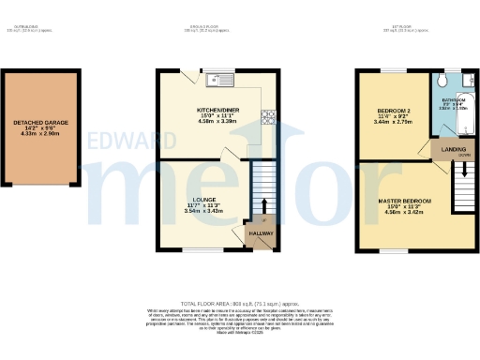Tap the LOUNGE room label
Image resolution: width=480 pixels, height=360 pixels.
tap(203, 200)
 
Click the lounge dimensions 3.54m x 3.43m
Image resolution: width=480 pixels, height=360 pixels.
tap(203, 211)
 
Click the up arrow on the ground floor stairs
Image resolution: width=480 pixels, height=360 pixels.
tap(263, 205)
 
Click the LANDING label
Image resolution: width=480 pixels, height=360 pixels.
tap(443, 148)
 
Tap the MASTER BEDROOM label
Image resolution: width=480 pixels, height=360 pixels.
tap(405, 201)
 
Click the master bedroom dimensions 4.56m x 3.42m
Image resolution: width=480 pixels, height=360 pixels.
tap(405, 212)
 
